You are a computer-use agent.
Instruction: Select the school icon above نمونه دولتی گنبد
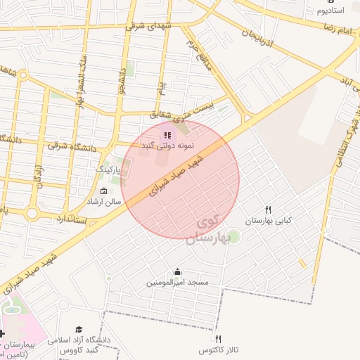[167, 134]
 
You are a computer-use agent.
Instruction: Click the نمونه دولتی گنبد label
[167, 145]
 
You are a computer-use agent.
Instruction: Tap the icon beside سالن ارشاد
[104, 191]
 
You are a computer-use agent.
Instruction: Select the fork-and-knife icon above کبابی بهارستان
[268, 210]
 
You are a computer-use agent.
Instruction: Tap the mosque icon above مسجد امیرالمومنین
[177, 271]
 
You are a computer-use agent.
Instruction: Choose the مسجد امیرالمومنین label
[177, 282]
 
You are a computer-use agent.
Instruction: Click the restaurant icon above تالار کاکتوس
[219, 339]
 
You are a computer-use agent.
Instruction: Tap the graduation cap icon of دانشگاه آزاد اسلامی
[79, 329]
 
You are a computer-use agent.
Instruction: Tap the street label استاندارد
[67, 220]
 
